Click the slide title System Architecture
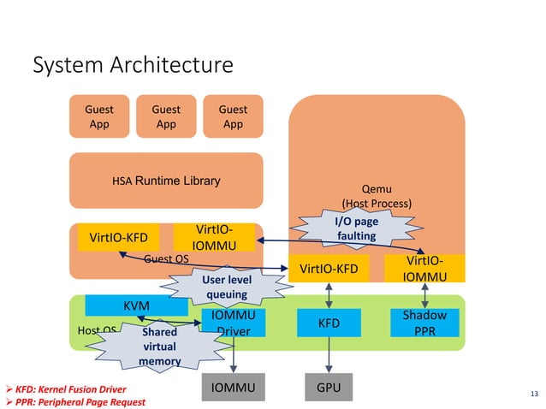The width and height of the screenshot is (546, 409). click(132, 65)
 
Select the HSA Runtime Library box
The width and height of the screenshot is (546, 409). click(165, 181)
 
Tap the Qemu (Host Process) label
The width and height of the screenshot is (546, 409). click(377, 197)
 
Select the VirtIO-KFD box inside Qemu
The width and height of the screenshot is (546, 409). click(329, 269)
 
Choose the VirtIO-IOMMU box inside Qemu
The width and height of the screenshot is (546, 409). click(424, 268)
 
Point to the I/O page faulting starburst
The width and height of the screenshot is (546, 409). click(355, 228)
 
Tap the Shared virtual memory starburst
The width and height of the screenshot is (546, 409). click(159, 346)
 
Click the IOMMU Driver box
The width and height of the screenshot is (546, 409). click(234, 324)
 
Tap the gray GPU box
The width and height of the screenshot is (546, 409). click(329, 388)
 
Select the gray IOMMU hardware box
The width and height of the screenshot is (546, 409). click(234, 388)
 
